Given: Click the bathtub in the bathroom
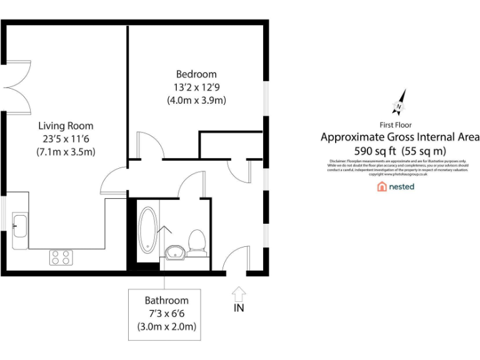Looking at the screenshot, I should (149, 230).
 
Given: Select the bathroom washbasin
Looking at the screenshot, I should (174, 251).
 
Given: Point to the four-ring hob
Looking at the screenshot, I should (61, 257).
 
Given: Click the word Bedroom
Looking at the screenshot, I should (196, 74).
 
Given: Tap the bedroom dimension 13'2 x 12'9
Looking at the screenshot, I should (196, 87).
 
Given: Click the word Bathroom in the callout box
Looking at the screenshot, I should (166, 300).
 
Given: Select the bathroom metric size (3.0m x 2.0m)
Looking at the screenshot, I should (166, 327).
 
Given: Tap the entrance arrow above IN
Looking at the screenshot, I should (239, 293).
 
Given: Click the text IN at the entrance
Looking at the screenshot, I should (239, 307).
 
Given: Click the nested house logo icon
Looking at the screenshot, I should (381, 186).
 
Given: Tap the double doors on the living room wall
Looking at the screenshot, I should (16, 87).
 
